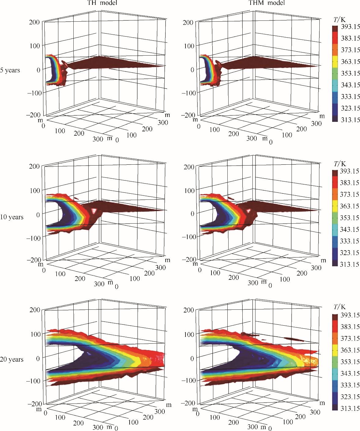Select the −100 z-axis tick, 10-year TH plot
coord(35,236)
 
